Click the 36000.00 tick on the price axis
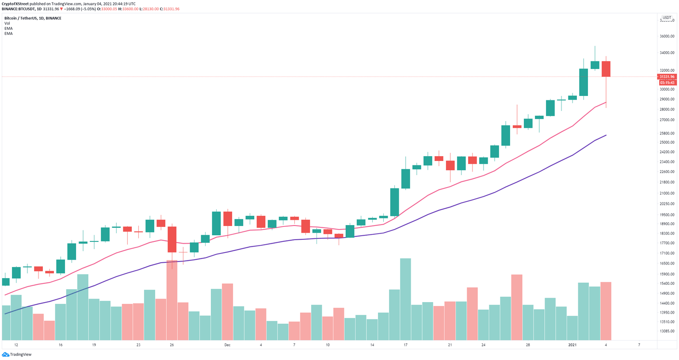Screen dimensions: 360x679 click(667, 37)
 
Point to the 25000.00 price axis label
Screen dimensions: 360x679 click(667, 142)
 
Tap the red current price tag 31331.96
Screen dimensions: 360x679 click(667, 77)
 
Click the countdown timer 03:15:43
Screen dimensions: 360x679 click(667, 83)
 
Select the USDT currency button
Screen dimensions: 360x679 click(666, 18)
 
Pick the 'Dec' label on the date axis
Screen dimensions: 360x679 click(227, 345)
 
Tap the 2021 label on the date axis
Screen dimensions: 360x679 click(572, 345)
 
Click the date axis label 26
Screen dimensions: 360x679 click(172, 345)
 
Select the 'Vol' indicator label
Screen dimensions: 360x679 click(7, 23)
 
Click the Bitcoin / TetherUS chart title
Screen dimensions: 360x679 click(33, 18)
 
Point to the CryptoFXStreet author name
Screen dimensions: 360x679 click(15, 4)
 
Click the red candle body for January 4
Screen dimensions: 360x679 click(606, 69)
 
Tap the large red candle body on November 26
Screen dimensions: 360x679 click(172, 239)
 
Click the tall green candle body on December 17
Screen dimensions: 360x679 click(405, 179)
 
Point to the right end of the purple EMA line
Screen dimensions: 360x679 click(606, 135)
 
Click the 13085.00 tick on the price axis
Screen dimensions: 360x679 click(667, 331)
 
